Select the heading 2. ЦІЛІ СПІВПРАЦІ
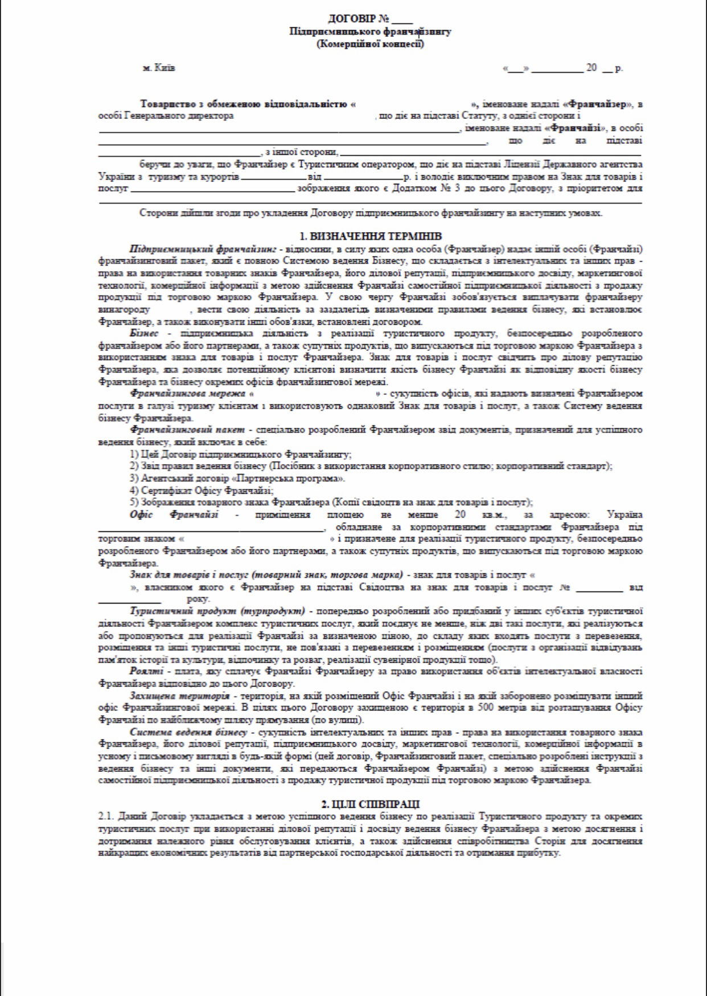[370, 804]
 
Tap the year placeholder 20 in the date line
[591, 68]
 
